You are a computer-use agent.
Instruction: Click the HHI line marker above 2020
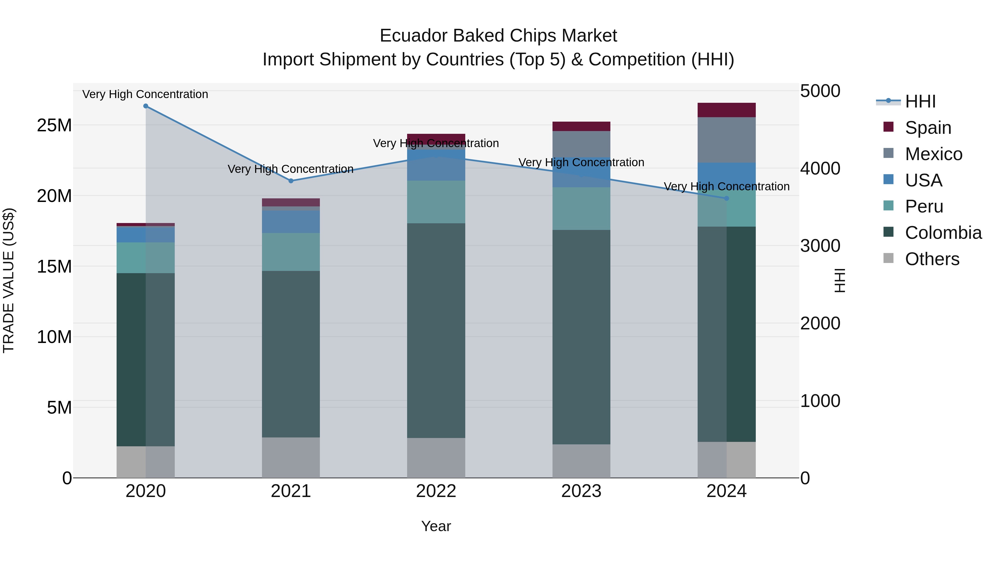pos(145,106)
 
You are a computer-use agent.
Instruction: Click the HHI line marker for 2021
pos(291,181)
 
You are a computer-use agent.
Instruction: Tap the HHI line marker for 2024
pos(726,198)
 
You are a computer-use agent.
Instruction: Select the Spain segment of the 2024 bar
pos(726,110)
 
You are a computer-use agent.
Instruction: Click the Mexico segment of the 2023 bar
pos(581,144)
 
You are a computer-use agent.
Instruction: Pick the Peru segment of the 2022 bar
pos(436,202)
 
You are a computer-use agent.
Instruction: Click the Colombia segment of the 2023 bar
pos(581,337)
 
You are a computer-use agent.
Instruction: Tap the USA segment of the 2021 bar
pos(291,221)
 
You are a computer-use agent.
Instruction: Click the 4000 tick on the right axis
pos(820,168)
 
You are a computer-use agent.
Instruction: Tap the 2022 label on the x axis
pos(436,491)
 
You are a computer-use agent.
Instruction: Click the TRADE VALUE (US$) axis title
pos(9,280)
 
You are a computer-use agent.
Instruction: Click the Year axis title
pos(436,526)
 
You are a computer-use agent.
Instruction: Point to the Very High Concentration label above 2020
pos(145,94)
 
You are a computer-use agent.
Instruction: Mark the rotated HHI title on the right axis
pos(839,280)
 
